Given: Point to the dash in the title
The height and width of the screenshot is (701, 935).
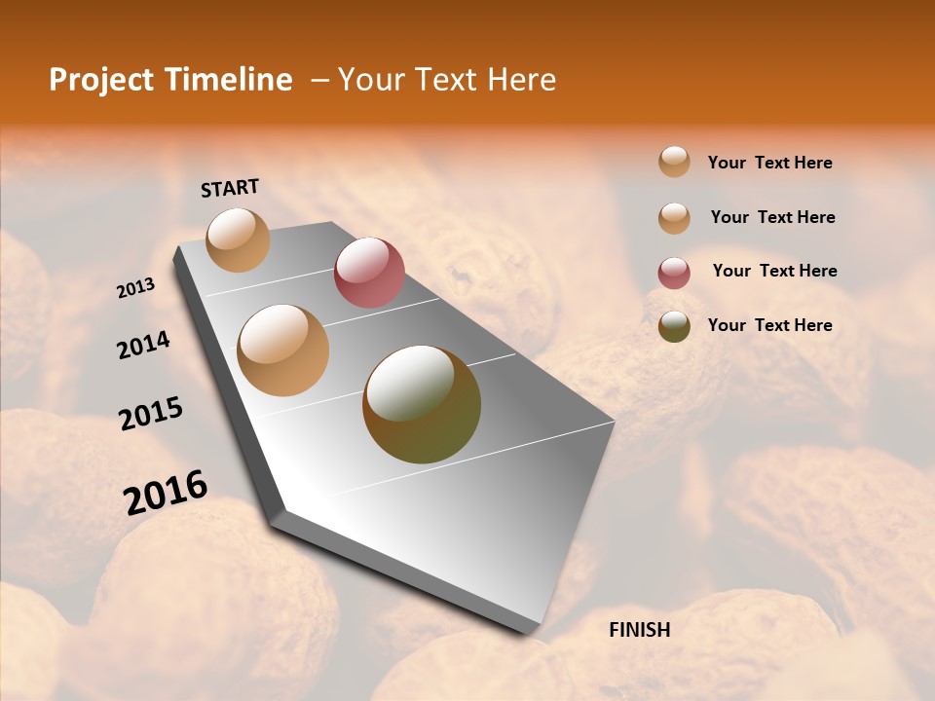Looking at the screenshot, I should (x=319, y=81).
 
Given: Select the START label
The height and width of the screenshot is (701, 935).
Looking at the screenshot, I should (x=230, y=188).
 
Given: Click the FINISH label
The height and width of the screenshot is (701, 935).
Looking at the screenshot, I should (x=639, y=630).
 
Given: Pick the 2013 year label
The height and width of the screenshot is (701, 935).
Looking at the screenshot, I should (x=135, y=288).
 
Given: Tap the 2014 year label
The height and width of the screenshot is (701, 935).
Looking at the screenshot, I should (x=143, y=346).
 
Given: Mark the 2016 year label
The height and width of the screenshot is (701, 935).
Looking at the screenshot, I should (x=165, y=492).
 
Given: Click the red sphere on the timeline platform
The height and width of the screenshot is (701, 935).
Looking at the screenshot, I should (x=369, y=273).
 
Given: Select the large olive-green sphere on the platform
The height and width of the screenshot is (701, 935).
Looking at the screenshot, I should (x=422, y=404).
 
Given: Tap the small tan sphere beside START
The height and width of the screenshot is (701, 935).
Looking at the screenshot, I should (x=239, y=240).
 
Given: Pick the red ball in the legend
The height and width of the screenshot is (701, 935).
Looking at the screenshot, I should (x=674, y=273).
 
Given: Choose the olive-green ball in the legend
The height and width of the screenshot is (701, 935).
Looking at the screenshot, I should (x=674, y=326).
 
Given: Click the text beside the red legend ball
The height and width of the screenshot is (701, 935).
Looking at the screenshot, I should (x=774, y=271).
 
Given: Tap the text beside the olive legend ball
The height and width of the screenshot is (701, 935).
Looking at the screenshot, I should (x=769, y=325).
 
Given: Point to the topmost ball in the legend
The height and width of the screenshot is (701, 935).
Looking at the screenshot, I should (x=674, y=162).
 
